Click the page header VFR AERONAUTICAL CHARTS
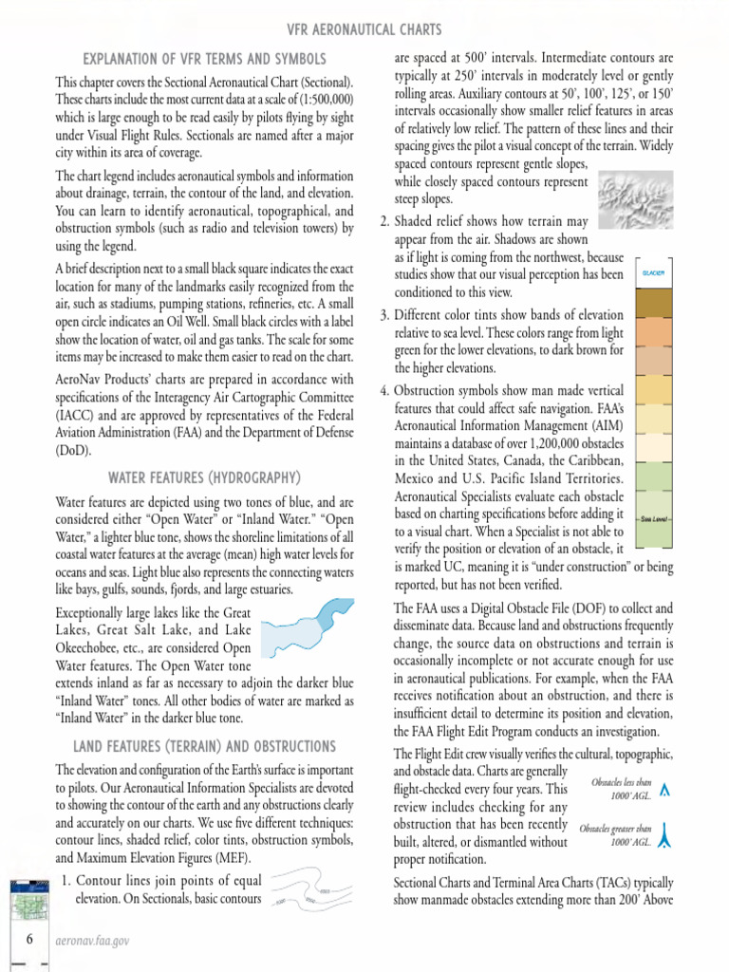point(364,30)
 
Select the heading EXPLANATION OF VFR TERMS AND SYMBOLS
point(205,59)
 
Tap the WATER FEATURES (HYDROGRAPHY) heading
point(205,477)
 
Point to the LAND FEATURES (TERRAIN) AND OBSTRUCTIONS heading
point(205,746)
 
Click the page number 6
point(30,940)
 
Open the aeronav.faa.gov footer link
point(93,941)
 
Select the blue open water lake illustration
point(306,630)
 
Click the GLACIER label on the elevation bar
point(652,273)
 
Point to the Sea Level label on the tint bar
point(652,518)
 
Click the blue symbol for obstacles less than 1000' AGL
point(664,790)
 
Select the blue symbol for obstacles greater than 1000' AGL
point(664,833)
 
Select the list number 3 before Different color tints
point(384,316)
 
